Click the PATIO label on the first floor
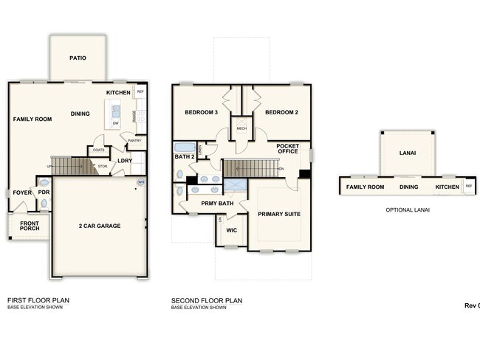coord(79,58)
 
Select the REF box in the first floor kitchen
coord(140,92)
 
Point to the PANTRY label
coord(134,140)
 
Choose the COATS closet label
coord(98,150)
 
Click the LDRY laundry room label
coord(126,160)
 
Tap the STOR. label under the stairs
coord(103,166)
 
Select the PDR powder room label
coord(44,193)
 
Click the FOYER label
coord(22,193)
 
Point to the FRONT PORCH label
coord(30,226)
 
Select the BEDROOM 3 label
coord(201,112)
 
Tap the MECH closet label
coord(241,128)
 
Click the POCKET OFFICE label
coord(287,150)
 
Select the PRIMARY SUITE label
coord(279,214)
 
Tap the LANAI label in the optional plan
coord(407,153)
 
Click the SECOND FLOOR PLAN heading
coord(207,300)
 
